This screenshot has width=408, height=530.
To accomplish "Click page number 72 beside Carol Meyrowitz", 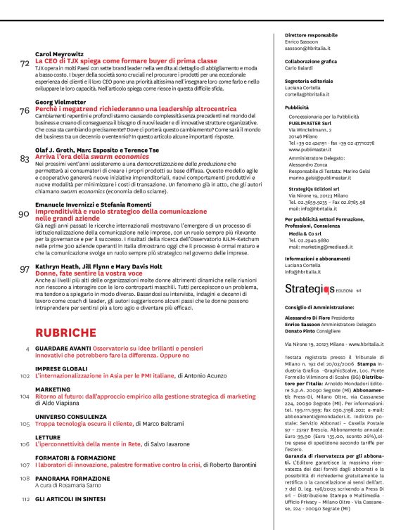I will (25, 64).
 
